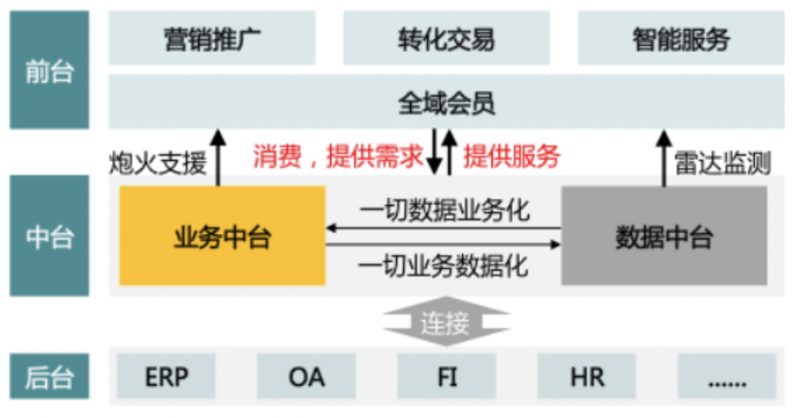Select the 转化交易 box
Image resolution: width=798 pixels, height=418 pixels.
[446, 38]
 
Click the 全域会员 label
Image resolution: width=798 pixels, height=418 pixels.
[446, 102]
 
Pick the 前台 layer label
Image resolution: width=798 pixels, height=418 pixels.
[49, 70]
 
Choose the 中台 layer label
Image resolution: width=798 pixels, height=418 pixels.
[49, 236]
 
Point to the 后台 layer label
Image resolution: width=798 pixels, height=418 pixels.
[49, 376]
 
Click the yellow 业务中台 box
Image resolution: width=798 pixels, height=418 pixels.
[222, 236]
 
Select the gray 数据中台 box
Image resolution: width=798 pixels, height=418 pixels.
[663, 236]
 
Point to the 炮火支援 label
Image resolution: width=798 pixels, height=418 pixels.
[158, 163]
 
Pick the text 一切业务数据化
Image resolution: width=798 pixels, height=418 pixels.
[445, 264]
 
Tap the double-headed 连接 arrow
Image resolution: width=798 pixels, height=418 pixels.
[445, 323]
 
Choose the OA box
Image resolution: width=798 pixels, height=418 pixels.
[306, 376]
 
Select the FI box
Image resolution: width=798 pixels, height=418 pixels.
[446, 376]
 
